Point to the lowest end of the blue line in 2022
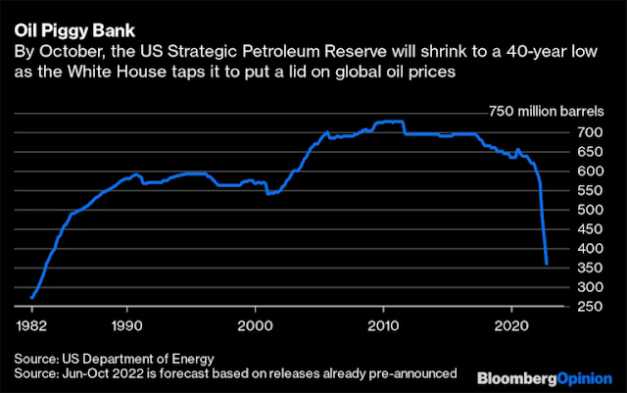pyautogui.click(x=546, y=263)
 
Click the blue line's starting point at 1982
pyautogui.click(x=32, y=296)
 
